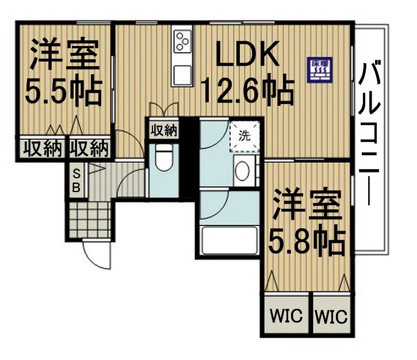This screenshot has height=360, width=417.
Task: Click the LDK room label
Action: click(x=248, y=56)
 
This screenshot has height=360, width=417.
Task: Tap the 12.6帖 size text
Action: click(x=248, y=90)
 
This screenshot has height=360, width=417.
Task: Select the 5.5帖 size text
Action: click(x=64, y=90)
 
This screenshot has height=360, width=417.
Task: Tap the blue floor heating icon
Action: click(x=318, y=70)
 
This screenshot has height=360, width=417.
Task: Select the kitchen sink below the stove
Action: click(x=183, y=74)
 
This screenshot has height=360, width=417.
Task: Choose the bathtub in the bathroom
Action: click(x=228, y=240)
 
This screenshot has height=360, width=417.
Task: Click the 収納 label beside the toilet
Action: click(x=163, y=129)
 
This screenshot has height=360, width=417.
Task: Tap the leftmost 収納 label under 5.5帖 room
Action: click(x=42, y=148)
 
